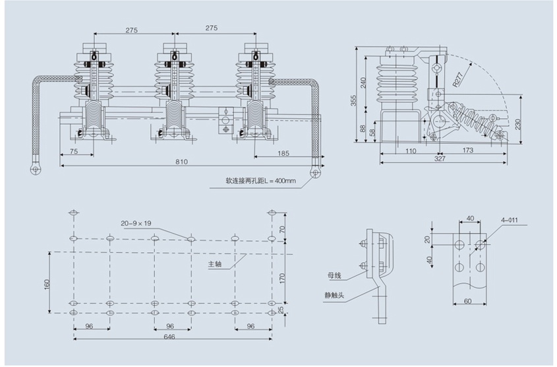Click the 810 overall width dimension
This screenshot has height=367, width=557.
pos(182,162)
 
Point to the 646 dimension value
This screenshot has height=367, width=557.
pos(169,337)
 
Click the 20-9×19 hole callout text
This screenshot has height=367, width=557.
pos(136,223)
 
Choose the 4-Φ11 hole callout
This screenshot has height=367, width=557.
pos(510,220)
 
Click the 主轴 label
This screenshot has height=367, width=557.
pos(214,264)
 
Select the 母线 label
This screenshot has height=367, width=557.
pos(335,275)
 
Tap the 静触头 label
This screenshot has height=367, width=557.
pos(334,295)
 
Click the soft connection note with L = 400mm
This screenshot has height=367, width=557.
pos(261,180)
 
